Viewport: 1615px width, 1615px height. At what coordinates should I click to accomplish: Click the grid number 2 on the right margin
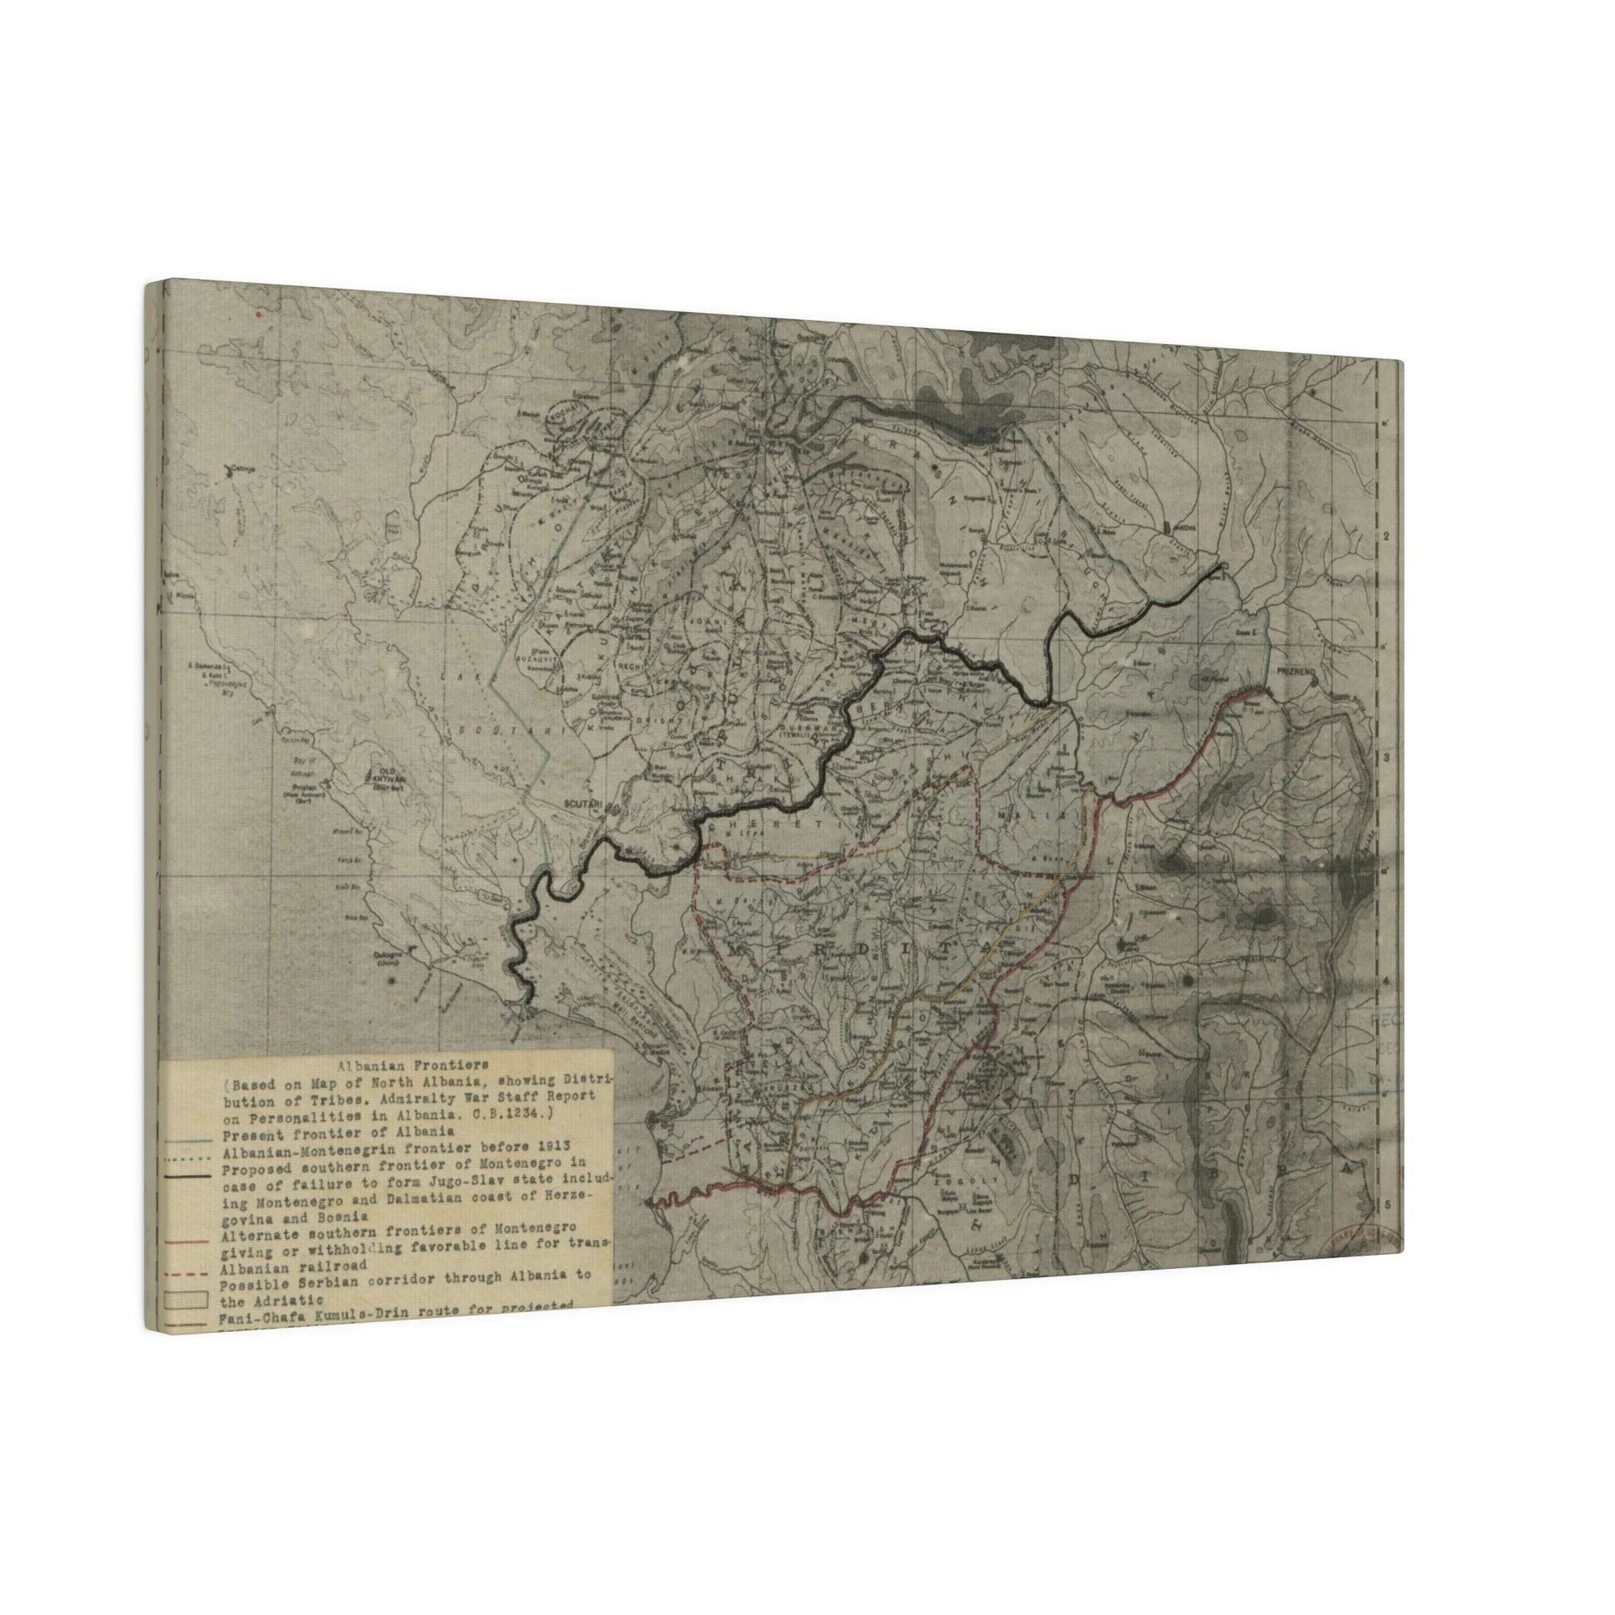coord(1383,536)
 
